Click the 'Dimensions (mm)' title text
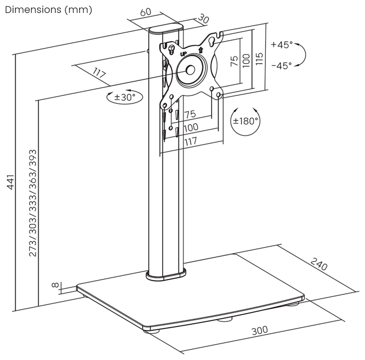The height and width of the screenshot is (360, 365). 48,10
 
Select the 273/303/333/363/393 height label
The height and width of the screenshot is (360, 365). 32,203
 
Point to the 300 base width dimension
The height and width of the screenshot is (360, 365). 260,330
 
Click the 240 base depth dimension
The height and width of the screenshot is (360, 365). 319,264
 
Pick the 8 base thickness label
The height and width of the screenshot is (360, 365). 55,285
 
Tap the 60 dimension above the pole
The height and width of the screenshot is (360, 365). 145,12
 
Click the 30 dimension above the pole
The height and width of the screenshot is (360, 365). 203,19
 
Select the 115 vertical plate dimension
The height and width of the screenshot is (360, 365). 259,59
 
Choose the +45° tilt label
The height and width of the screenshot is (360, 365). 282,44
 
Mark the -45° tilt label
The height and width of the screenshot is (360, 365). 282,65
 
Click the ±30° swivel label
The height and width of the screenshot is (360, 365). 125,97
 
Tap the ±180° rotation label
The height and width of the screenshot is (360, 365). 246,121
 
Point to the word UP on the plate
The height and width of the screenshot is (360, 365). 184,54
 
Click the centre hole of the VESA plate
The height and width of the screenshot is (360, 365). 191,69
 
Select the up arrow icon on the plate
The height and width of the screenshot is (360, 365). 201,50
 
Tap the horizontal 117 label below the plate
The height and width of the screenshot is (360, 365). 191,141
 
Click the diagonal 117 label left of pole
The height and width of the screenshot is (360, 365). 99,73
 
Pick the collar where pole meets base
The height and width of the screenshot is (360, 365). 166,275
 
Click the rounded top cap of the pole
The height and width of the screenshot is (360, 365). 166,29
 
